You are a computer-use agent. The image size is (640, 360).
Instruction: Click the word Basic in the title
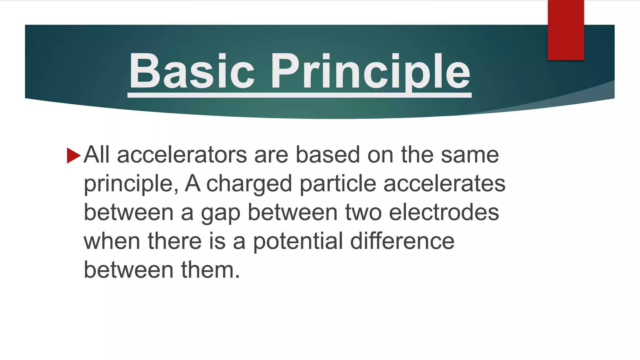pyautogui.click(x=192, y=71)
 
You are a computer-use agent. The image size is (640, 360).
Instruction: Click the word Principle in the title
pyautogui.click(x=370, y=71)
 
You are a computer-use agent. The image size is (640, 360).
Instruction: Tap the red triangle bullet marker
pyautogui.click(x=73, y=155)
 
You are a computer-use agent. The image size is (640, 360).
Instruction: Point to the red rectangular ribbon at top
pyautogui.click(x=566, y=30)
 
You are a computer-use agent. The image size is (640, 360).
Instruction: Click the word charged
pyautogui.click(x=249, y=184)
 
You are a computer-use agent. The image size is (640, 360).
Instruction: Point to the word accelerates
pyautogui.click(x=444, y=184)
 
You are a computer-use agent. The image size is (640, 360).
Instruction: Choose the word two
pyautogui.click(x=363, y=212)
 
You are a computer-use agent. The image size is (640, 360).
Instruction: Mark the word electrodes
pyautogui.click(x=444, y=212)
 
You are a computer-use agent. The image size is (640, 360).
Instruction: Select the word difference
pyautogui.click(x=402, y=242)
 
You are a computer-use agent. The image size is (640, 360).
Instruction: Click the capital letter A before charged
pyautogui.click(x=192, y=184)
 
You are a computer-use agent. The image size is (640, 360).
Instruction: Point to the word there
pyautogui.click(x=175, y=242)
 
